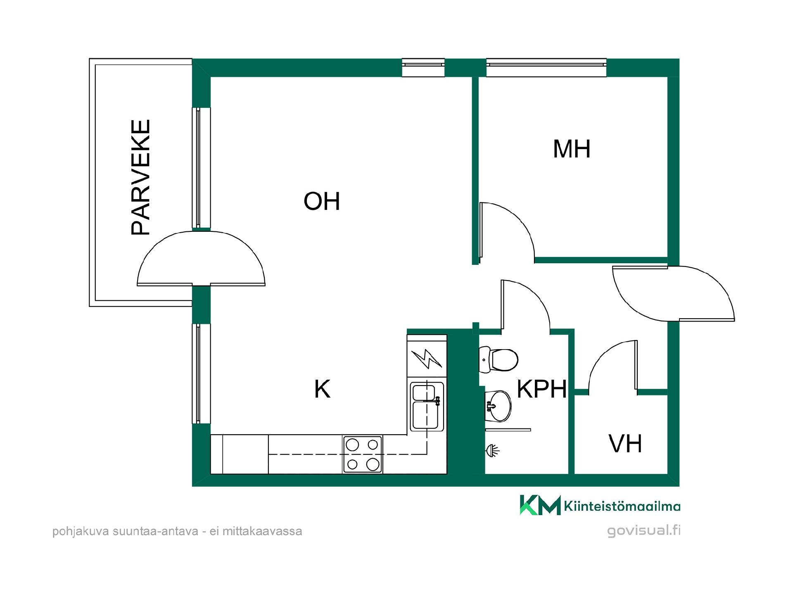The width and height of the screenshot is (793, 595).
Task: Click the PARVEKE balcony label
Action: click(140, 178)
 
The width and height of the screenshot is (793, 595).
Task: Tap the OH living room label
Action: click(322, 201)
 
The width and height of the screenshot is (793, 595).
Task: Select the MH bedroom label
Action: click(572, 149)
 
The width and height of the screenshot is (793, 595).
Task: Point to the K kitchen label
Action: click(322, 389)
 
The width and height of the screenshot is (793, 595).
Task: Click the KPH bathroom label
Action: click(542, 389)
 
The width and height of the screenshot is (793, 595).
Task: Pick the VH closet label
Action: click(625, 444)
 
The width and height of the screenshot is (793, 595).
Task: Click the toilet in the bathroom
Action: click(499, 359)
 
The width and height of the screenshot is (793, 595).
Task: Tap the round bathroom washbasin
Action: click(498, 406)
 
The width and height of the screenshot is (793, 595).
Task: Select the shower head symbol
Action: click(492, 450)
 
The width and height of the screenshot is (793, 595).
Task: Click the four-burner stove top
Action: click(363, 454)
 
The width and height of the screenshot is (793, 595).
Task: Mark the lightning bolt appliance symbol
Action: click(427, 359)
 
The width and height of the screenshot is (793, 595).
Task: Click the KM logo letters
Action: click(540, 505)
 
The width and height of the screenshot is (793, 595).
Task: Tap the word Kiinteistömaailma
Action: click(622, 506)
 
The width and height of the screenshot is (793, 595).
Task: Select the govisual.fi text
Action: click(643, 531)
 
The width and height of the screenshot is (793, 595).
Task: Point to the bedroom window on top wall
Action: click(546, 68)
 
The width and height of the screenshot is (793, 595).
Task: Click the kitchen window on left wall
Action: click(201, 374)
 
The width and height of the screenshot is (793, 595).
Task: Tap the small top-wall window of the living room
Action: click(423, 68)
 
